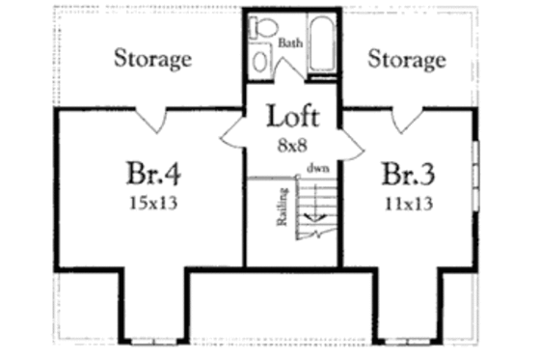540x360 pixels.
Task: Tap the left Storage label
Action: tap(152, 58)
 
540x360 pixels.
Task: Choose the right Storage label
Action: tap(407, 59)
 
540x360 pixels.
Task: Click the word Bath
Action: tap(289, 43)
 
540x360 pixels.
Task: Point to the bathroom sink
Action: tap(260, 60)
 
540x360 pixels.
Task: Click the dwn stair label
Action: tap(316, 168)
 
